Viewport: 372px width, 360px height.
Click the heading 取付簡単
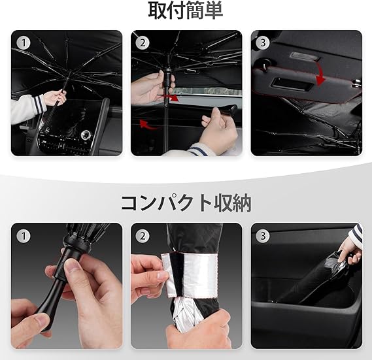click(x=186, y=11)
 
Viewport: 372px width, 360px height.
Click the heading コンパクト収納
click(x=186, y=203)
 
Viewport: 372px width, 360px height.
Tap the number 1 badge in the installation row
click(x=24, y=43)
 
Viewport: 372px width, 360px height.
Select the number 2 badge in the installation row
click(x=143, y=43)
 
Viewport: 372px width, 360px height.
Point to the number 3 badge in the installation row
click(x=263, y=43)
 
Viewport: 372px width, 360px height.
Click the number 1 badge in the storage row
click(x=24, y=236)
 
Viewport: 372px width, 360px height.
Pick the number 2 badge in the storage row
click(x=143, y=236)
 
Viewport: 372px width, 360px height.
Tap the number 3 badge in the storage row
click(x=263, y=236)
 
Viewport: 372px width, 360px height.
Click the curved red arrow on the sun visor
click(x=321, y=74)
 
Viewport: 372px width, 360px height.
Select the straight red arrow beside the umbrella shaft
click(x=169, y=97)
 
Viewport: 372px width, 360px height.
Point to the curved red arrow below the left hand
click(x=148, y=125)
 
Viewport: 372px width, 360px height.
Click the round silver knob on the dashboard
click(x=86, y=135)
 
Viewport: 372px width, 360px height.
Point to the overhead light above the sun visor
click(x=305, y=56)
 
